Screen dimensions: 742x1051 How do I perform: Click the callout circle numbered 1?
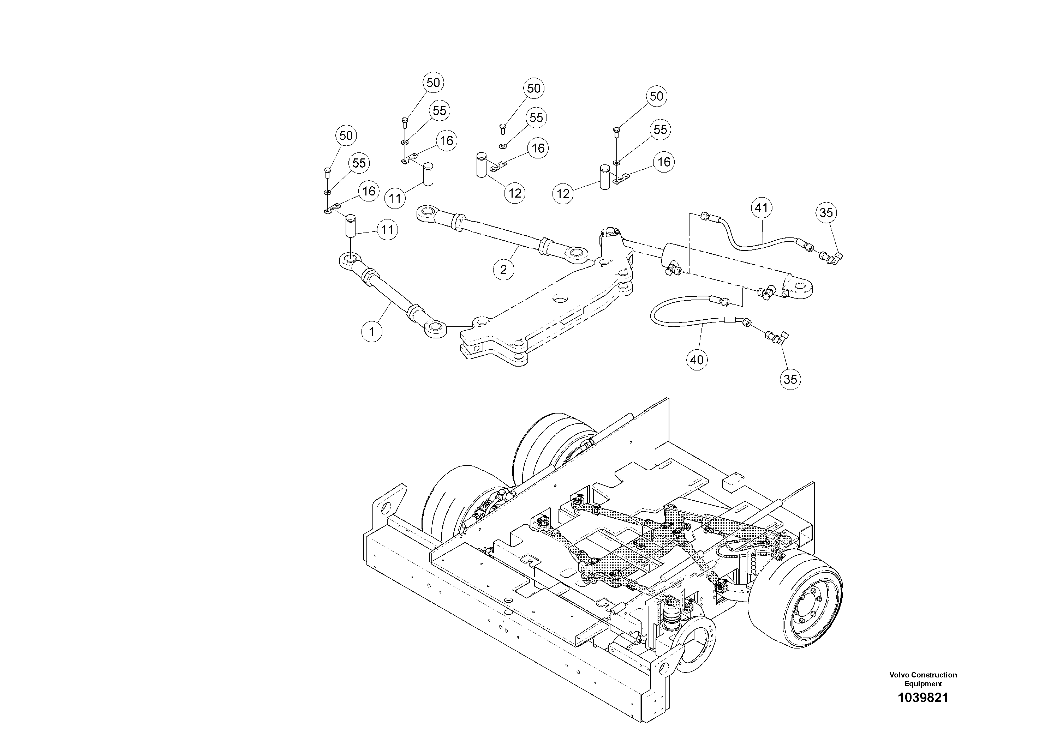click(372, 331)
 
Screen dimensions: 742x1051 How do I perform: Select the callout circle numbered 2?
click(503, 270)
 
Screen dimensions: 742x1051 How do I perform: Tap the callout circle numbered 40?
click(697, 360)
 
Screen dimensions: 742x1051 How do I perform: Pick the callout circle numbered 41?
click(761, 208)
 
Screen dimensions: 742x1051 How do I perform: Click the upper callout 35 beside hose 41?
click(826, 213)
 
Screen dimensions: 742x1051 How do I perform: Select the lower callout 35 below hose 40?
click(790, 379)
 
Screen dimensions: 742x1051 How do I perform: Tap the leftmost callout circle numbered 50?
click(346, 135)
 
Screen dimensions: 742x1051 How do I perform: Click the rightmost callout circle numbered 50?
click(656, 97)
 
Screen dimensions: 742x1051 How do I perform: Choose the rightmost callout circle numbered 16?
click(664, 162)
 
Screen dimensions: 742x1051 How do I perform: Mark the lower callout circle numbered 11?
click(387, 229)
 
